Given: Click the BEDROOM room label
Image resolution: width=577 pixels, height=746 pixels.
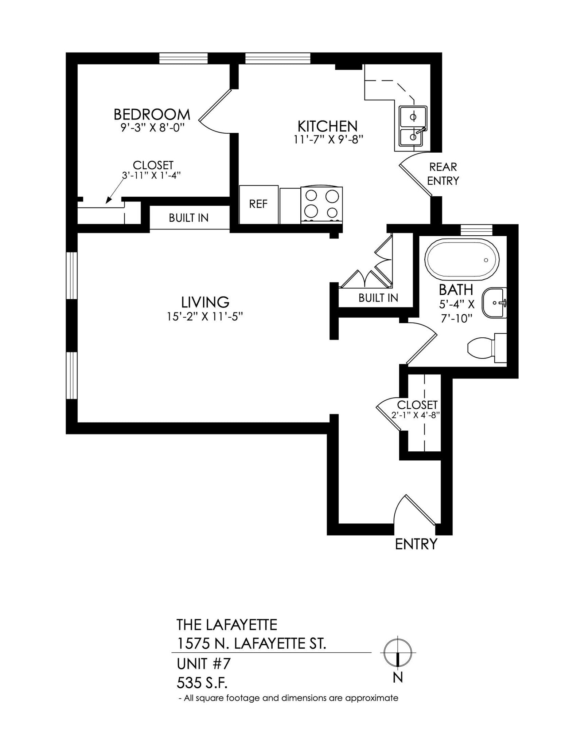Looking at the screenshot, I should pyautogui.click(x=152, y=114).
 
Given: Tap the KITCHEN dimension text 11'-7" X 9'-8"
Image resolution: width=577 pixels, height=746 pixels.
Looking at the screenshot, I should pyautogui.click(x=329, y=140).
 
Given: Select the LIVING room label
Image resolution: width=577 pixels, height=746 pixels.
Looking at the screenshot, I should pyautogui.click(x=205, y=302).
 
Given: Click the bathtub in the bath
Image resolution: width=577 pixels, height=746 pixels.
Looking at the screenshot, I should pyautogui.click(x=461, y=259).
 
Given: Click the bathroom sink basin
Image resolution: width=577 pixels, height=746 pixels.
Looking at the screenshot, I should pyautogui.click(x=494, y=303).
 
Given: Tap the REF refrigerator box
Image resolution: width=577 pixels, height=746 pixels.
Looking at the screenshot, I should pyautogui.click(x=258, y=204).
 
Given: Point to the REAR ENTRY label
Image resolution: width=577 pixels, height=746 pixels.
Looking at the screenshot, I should pyautogui.click(x=443, y=174).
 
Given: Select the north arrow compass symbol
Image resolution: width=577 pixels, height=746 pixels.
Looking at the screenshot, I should pyautogui.click(x=398, y=652).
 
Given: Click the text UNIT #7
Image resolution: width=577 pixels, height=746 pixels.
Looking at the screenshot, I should pyautogui.click(x=203, y=664).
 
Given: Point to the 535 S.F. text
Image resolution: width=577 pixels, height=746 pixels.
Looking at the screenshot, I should pyautogui.click(x=202, y=683).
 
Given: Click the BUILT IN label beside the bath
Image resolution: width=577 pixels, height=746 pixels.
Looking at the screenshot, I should pyautogui.click(x=378, y=298).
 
